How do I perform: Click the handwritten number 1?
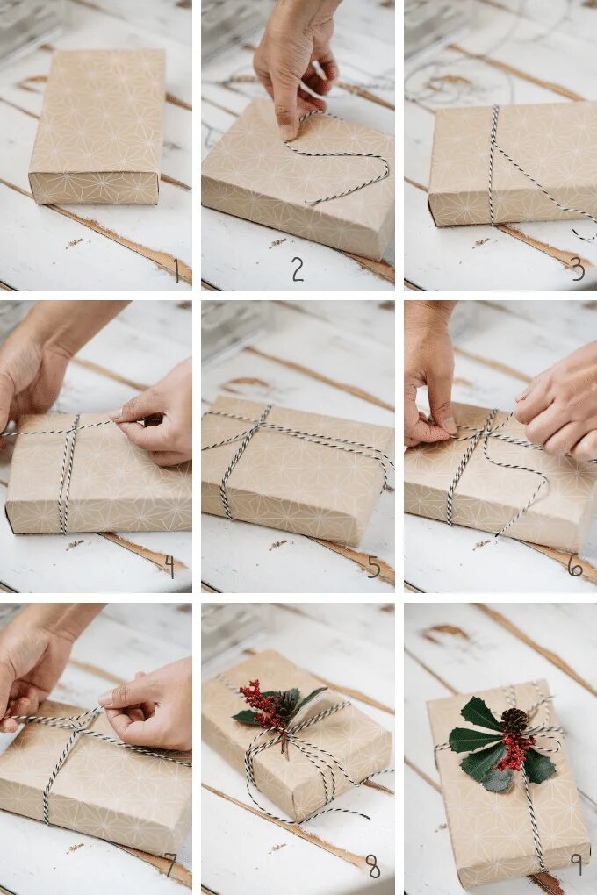tap(177, 270)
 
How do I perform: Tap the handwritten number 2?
tap(298, 269)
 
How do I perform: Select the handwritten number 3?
tap(578, 269)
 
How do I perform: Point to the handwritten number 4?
tap(169, 566)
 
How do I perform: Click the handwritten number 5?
tap(374, 567)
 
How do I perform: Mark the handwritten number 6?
tap(575, 565)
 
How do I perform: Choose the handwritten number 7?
tap(170, 864)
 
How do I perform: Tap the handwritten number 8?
tap(373, 867)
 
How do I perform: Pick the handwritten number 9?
tap(576, 864)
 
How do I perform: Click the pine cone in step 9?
tap(514, 720)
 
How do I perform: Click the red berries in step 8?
tap(263, 703)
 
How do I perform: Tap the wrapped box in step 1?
tap(97, 126)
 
